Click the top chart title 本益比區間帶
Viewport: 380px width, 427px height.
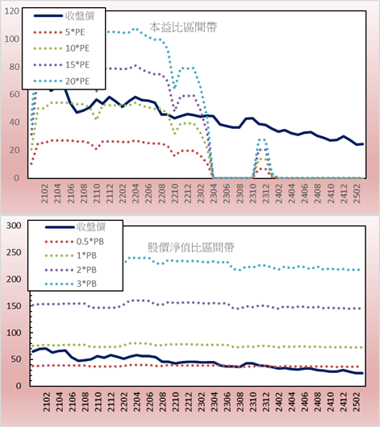coord(183,27)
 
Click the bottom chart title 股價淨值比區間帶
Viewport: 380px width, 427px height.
coord(190,247)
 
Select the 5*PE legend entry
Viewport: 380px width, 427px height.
coord(59,32)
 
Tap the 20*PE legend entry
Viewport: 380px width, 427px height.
coord(61,81)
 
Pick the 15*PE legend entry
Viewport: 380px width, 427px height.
coord(61,64)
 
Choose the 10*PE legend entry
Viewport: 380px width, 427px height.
coord(61,48)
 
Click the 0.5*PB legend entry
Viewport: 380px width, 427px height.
coord(74,242)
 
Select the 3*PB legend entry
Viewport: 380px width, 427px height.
coord(71,284)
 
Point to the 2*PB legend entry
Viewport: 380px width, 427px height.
coord(71,270)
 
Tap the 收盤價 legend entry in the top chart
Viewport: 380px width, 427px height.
coord(64,16)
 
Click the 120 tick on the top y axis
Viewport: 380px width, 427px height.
coord(12,11)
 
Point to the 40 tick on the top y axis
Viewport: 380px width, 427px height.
coord(15,122)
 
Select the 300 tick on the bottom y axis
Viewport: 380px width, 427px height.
coord(14,226)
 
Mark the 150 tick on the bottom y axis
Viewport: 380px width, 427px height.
coord(14,306)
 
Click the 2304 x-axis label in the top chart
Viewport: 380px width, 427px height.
coord(213,193)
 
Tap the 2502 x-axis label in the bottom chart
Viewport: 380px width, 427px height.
coord(357,402)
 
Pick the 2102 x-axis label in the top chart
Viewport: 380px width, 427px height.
coord(44,193)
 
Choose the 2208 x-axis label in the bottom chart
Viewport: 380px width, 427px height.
coord(162,402)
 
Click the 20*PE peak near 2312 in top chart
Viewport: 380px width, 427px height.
coord(261,139)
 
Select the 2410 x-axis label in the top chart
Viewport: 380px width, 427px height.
coord(331,193)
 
